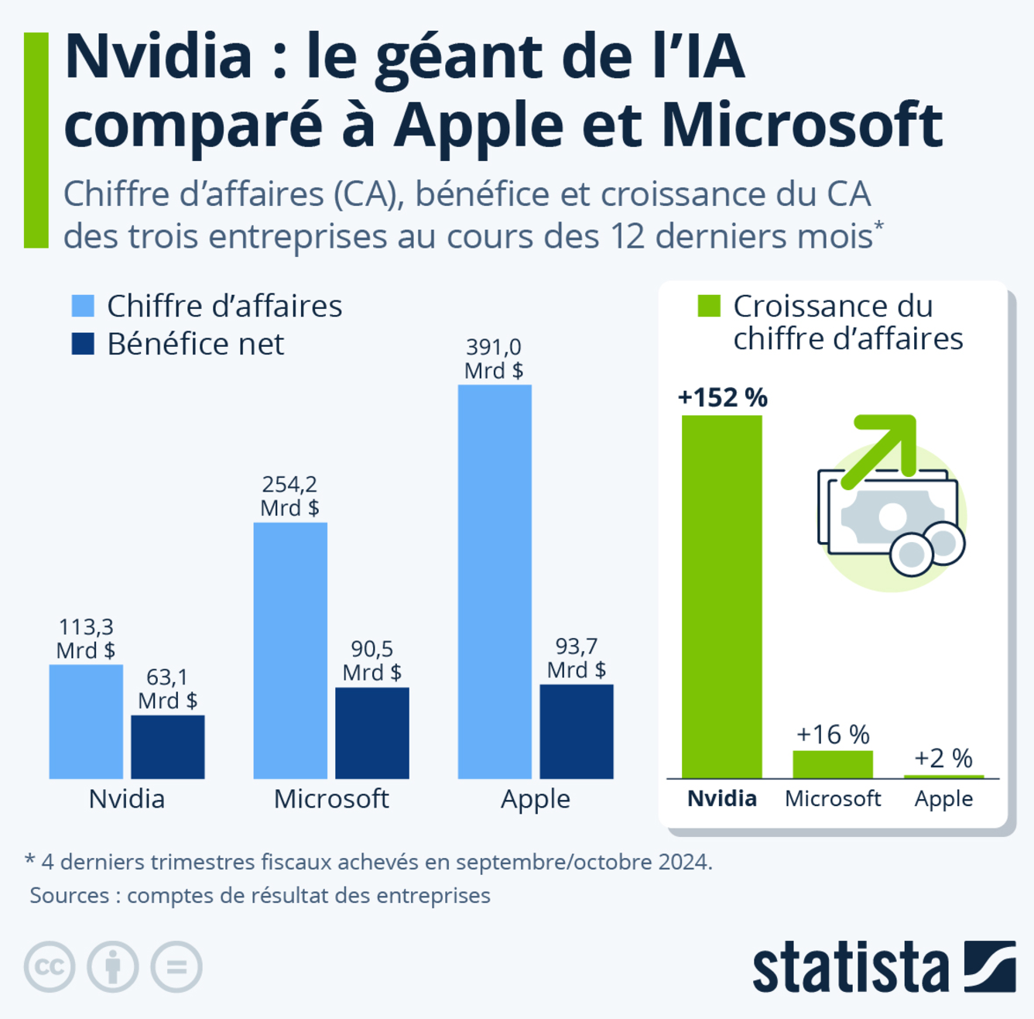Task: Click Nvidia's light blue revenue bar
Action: pos(86,721)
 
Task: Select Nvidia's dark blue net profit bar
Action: pos(168,746)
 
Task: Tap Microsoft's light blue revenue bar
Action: pos(290,650)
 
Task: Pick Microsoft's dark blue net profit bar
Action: pos(372,733)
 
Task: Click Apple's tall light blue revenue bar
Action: pos(495,582)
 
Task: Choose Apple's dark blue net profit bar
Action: pos(577,731)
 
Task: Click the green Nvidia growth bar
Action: pos(721,596)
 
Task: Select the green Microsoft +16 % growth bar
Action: pos(833,764)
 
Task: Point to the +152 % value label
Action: pos(722,397)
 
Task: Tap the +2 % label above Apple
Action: pos(943,758)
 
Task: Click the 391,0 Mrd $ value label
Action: pos(494,359)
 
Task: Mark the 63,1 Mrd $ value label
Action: pos(167,688)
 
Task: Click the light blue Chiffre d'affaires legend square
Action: pos(83,306)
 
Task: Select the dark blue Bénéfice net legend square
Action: pos(83,344)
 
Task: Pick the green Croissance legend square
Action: pos(709,306)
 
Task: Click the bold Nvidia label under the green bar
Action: pos(721,798)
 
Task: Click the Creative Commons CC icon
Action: pos(50,966)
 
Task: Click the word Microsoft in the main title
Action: pos(803,125)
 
